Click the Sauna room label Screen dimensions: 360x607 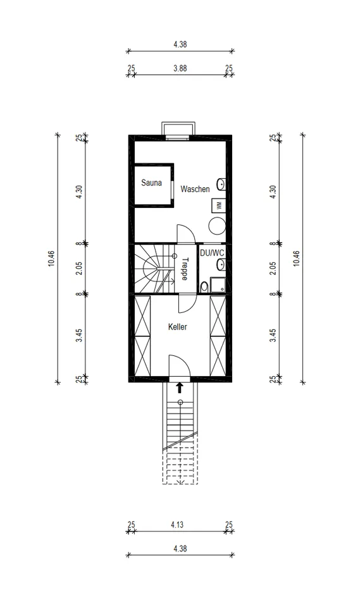(x=151, y=183)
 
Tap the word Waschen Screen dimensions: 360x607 (x=195, y=189)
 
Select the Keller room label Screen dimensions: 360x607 (x=178, y=327)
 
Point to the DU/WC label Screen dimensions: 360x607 (x=212, y=253)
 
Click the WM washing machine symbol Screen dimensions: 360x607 (x=218, y=205)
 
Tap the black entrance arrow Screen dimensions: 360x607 (x=180, y=388)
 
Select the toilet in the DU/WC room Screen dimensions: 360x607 (x=204, y=287)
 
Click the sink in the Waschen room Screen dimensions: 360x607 (x=221, y=184)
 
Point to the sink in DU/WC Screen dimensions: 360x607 (x=221, y=265)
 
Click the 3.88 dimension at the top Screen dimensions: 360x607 (x=180, y=68)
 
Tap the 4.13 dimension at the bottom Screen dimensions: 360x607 (x=177, y=525)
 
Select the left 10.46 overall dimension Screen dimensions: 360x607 (x=51, y=259)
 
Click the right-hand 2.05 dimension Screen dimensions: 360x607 (x=273, y=269)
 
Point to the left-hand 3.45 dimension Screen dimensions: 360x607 (x=78, y=335)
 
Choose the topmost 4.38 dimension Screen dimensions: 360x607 (x=180, y=44)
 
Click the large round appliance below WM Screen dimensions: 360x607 (x=217, y=226)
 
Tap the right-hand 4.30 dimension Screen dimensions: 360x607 (x=273, y=192)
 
